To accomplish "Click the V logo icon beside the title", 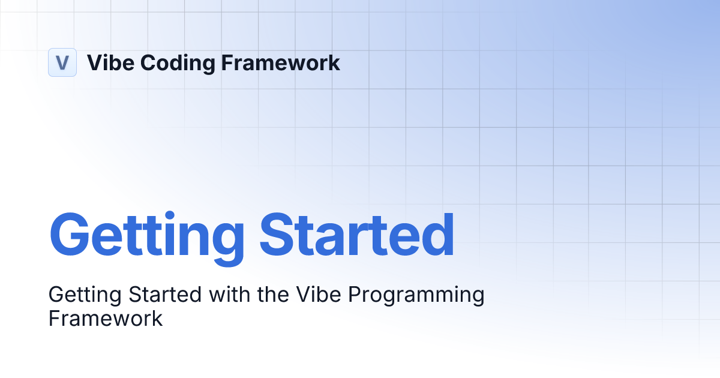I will (62, 62).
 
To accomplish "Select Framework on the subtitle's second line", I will (106, 318).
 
